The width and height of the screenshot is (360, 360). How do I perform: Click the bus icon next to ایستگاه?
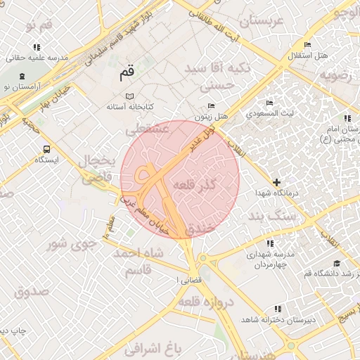click(46, 149)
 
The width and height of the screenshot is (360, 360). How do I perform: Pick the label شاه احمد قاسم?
click(143, 262)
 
